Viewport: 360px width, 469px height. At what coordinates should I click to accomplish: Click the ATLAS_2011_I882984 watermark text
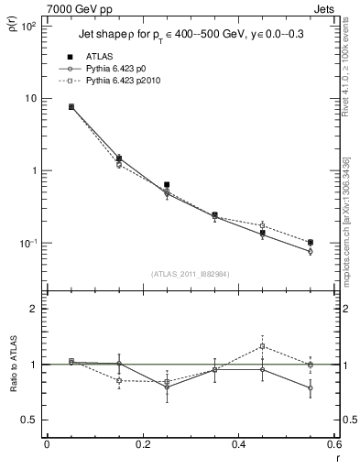(x=190, y=273)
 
